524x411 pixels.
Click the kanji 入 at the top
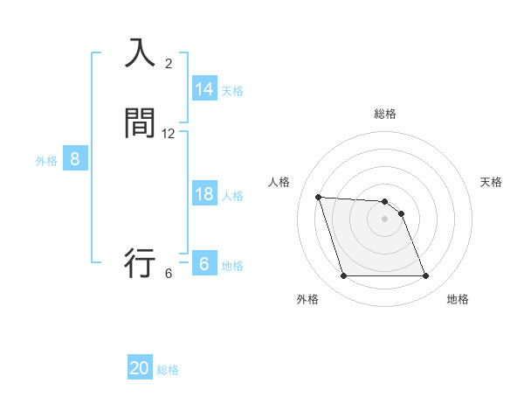(x=140, y=54)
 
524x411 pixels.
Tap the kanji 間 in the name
(x=140, y=123)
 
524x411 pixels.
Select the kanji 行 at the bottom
(x=140, y=261)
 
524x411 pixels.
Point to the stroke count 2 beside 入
(x=169, y=64)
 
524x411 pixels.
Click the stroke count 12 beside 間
(x=169, y=134)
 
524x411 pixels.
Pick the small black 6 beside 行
(x=169, y=274)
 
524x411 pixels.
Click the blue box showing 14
(x=204, y=88)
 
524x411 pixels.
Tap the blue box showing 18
(x=204, y=194)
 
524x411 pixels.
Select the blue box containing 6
(x=204, y=263)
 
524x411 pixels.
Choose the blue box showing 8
(x=75, y=159)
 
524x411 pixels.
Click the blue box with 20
(x=140, y=368)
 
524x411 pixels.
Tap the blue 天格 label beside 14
(x=232, y=90)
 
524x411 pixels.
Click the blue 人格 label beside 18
(x=232, y=196)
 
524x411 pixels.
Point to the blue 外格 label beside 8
(x=46, y=161)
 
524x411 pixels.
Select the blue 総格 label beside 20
(x=168, y=370)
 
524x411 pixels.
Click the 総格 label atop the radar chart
(x=385, y=114)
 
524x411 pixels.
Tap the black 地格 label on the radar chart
(x=458, y=299)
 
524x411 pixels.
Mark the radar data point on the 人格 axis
(x=318, y=197)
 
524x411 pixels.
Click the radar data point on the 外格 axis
(x=343, y=276)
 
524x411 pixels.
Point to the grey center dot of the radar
(x=385, y=219)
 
